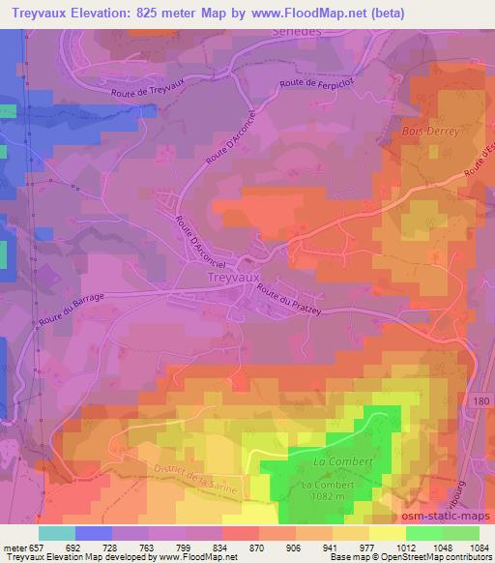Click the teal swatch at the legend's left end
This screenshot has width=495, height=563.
tap(57, 533)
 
